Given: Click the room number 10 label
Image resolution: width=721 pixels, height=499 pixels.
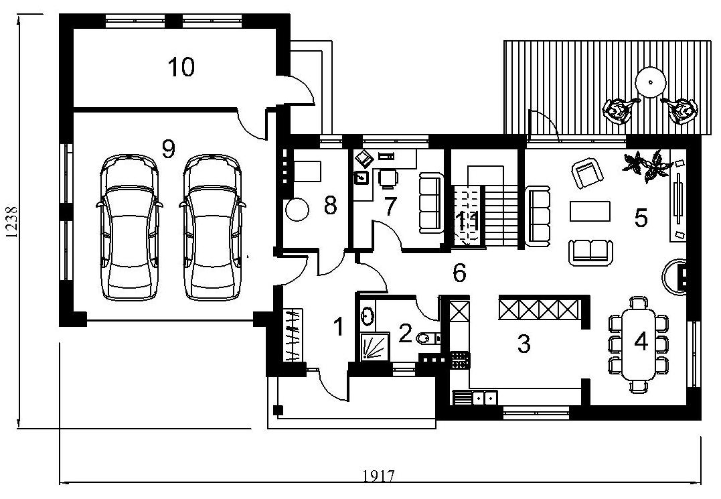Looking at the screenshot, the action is [181, 67].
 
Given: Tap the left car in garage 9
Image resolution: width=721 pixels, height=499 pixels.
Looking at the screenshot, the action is [129, 228].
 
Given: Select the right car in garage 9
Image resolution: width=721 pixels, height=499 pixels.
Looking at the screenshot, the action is [212, 228].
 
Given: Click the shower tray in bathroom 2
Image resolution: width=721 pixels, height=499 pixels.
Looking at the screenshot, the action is [373, 346].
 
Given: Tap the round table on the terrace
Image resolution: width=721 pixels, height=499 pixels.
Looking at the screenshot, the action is [651, 82].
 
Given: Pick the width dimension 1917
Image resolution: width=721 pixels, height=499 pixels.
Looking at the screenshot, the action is [379, 475].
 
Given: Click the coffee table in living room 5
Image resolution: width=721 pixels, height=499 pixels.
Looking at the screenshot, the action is [590, 211].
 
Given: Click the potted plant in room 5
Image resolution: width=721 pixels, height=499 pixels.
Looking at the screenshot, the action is [644, 166].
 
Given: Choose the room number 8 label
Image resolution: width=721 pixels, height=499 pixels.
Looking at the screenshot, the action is [330, 206].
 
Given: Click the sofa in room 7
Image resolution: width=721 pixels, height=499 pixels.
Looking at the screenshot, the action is [430, 202].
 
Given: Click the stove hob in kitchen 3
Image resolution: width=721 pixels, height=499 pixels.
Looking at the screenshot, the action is [461, 360].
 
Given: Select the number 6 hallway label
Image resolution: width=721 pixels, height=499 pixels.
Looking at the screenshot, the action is [459, 273].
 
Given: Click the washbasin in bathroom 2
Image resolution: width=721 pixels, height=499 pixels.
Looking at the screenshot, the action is [368, 315].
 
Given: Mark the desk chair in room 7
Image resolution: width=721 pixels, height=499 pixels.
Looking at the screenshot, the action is [388, 178].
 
